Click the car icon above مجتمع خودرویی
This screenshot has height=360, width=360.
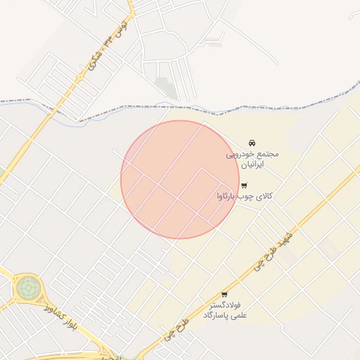[x=252, y=143]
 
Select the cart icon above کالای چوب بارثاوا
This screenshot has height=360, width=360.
[x=244, y=186]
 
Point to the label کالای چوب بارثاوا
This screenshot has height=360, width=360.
[x=244, y=196]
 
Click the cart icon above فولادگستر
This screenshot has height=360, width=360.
[x=224, y=295]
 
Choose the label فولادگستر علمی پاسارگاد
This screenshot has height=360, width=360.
[x=224, y=310]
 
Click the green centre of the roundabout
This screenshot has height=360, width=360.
[x=27, y=287]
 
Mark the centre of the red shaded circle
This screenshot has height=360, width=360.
[x=180, y=179]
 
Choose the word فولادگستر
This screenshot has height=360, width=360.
[x=226, y=305]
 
